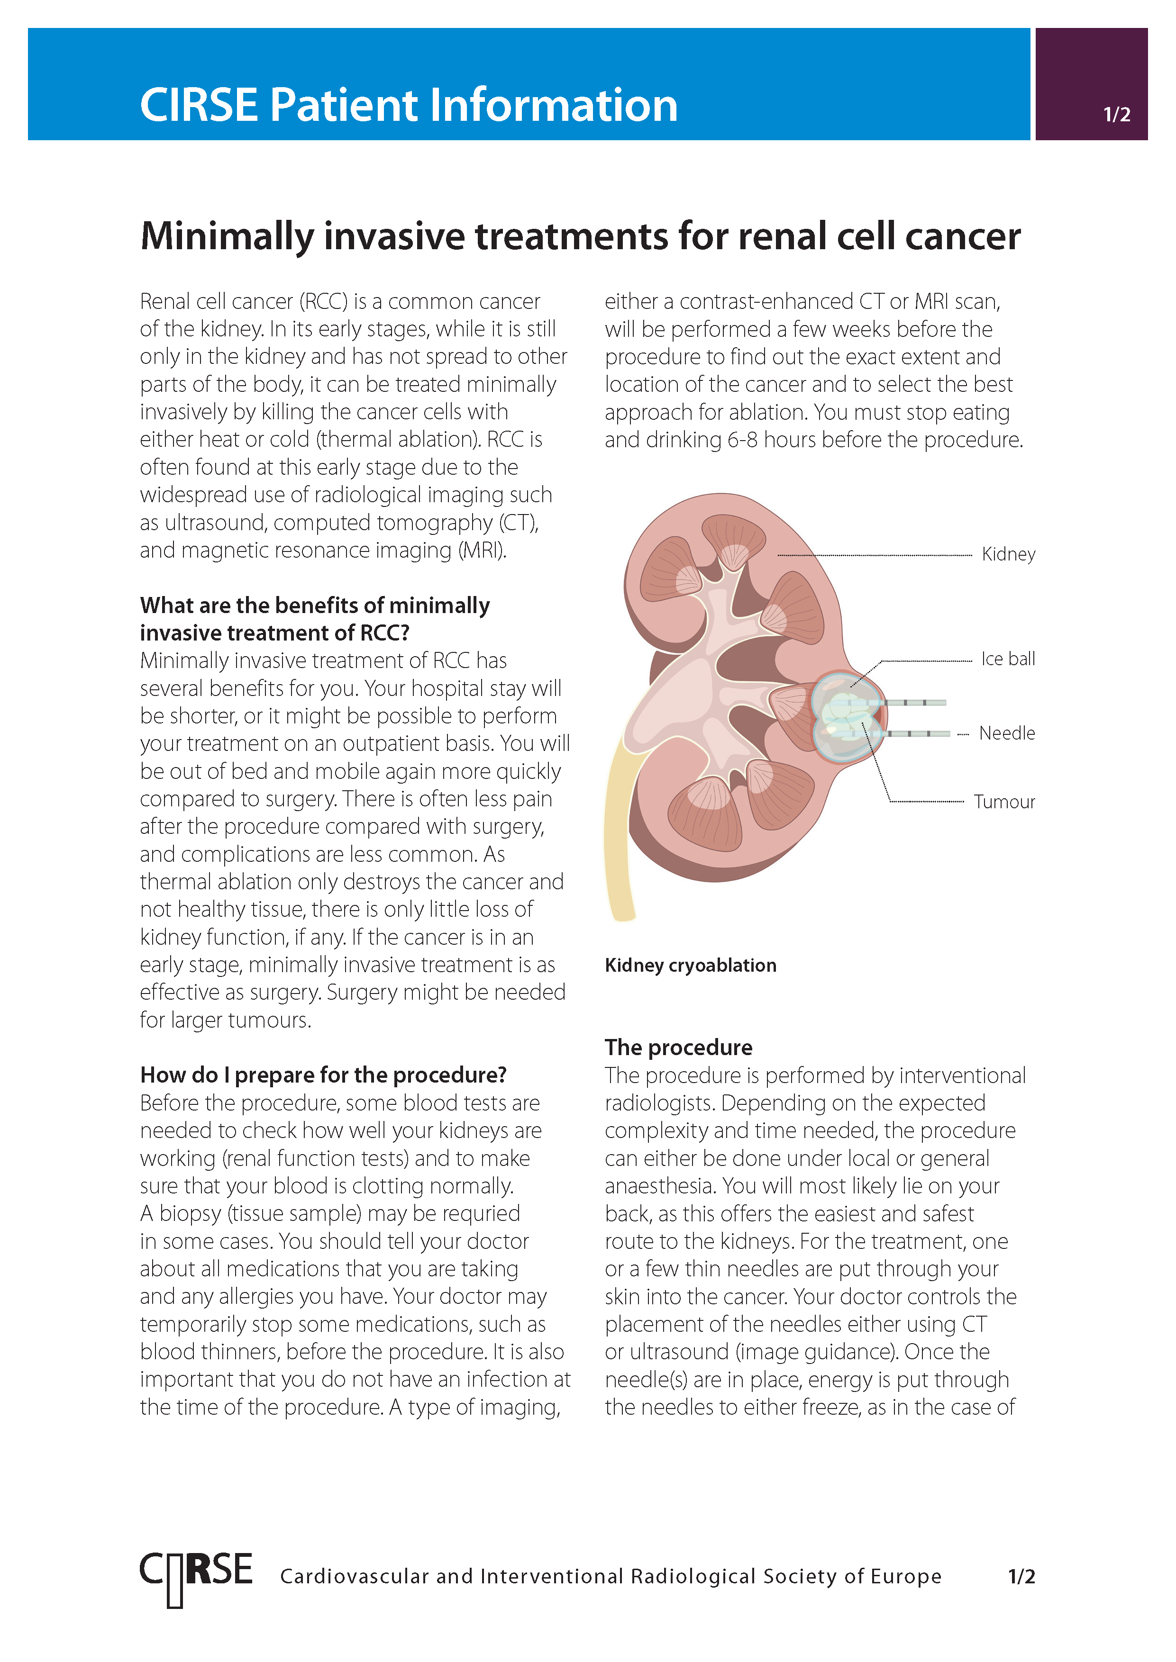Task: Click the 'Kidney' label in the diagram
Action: [1008, 554]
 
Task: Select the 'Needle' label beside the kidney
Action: [1007, 733]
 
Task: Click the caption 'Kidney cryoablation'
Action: [690, 965]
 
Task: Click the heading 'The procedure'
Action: [678, 1048]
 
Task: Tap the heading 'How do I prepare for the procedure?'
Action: [323, 1075]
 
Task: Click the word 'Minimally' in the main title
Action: [227, 237]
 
